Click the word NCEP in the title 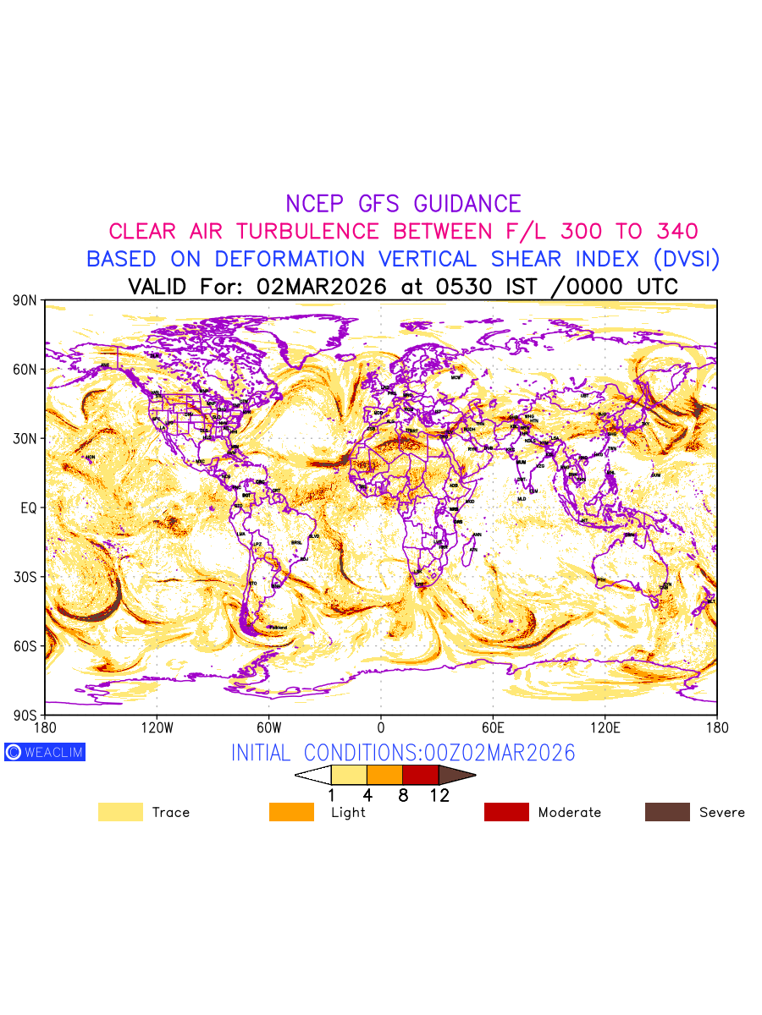(x=317, y=204)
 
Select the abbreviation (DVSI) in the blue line (x=678, y=259)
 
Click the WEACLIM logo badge (x=45, y=752)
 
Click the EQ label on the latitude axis (x=27, y=507)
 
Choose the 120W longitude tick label (x=157, y=727)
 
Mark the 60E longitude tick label (x=493, y=727)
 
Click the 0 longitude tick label (x=381, y=727)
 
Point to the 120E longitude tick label (x=605, y=727)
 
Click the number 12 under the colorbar (x=439, y=795)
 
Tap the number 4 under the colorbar (x=367, y=795)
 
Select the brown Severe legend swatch (x=667, y=812)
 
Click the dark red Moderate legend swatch (x=506, y=812)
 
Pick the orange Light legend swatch (x=291, y=812)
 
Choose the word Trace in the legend (x=170, y=812)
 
